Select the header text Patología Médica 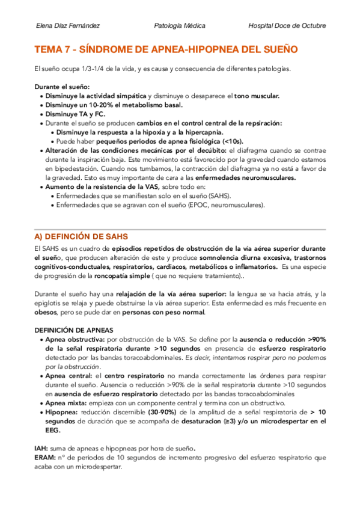[x=180, y=26]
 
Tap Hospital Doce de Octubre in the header [x=287, y=26]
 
